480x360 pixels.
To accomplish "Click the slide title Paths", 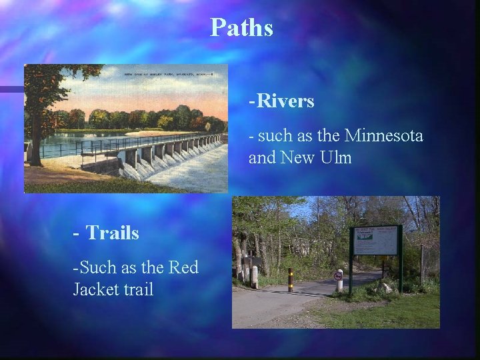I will [241, 28].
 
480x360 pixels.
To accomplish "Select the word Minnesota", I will [383, 137].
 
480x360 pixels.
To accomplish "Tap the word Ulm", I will [337, 159].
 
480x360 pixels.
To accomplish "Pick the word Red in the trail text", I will [185, 267].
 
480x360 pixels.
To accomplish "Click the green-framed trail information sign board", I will [375, 241].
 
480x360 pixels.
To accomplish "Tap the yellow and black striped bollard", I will [290, 280].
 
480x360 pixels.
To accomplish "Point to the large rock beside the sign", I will [385, 287].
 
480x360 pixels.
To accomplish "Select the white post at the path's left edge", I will [254, 277].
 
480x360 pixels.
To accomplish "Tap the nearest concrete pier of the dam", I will [131, 160].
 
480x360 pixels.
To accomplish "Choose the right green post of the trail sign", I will [401, 260].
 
